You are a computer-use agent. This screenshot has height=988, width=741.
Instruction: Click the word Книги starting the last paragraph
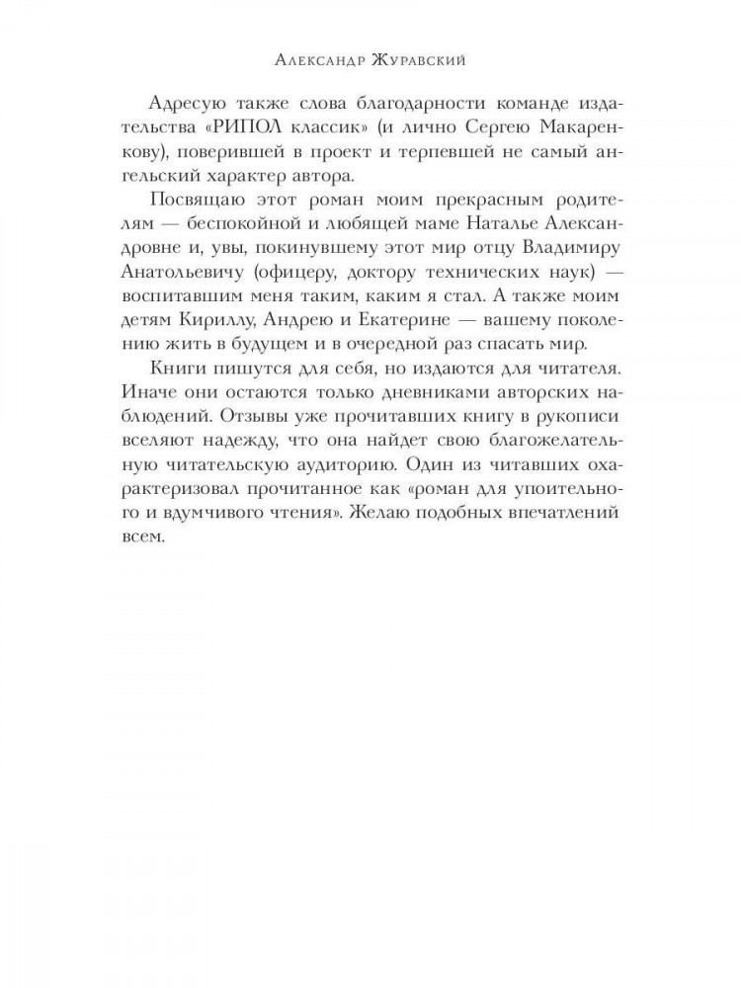click(177, 369)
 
